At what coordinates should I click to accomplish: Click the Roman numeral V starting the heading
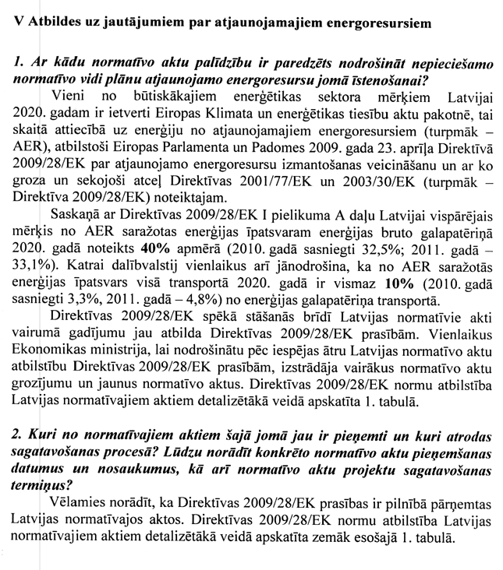click(19, 23)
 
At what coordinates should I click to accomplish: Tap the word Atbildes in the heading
click(52, 23)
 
